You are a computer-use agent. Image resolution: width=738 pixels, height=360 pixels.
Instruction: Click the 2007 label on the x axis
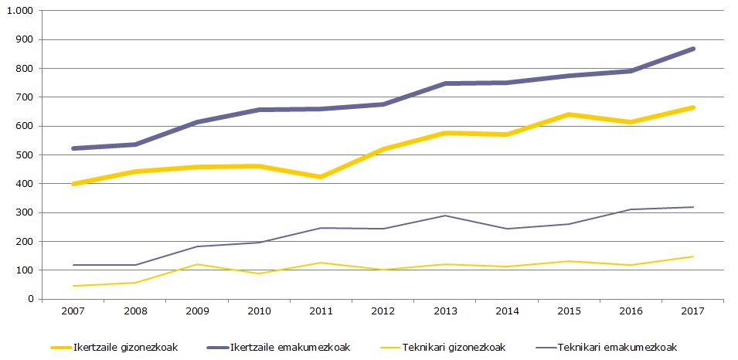[x=73, y=311]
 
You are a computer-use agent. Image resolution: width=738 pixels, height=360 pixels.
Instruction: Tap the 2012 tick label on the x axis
[x=383, y=311]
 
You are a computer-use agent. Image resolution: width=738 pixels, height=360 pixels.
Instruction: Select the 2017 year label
[x=693, y=311]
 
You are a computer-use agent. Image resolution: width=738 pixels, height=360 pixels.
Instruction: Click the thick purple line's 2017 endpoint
[x=693, y=49]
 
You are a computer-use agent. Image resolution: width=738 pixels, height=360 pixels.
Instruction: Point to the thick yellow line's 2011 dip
[x=321, y=177]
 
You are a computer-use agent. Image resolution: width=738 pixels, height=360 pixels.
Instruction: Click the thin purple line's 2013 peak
[x=445, y=216]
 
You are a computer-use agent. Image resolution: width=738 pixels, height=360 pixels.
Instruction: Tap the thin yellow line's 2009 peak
[x=197, y=264]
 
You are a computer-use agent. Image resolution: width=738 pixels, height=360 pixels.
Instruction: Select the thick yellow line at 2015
[x=570, y=114]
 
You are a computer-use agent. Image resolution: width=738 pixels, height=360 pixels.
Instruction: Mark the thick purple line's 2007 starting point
[x=73, y=148]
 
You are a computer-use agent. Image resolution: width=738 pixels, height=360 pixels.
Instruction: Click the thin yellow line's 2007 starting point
[x=73, y=286]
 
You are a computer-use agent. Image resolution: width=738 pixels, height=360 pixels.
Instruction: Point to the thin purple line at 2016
[x=631, y=209]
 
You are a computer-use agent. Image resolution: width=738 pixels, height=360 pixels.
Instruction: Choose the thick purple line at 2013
[x=445, y=83]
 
